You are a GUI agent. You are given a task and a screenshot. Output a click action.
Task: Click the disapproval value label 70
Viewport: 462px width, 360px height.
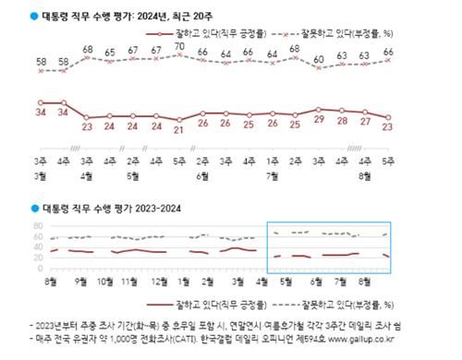178,45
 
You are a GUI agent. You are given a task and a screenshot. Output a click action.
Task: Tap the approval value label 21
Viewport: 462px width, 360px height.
178,129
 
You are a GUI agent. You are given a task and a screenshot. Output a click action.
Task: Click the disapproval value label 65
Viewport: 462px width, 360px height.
109,53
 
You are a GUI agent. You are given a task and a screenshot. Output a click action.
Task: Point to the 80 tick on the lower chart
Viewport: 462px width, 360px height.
38,225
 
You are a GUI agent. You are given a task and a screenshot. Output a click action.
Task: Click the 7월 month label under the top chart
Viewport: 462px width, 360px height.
271,175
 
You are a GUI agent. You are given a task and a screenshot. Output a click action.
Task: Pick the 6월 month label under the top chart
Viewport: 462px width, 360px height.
201,175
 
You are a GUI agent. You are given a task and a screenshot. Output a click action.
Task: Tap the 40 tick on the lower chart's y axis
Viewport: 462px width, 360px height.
38,249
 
